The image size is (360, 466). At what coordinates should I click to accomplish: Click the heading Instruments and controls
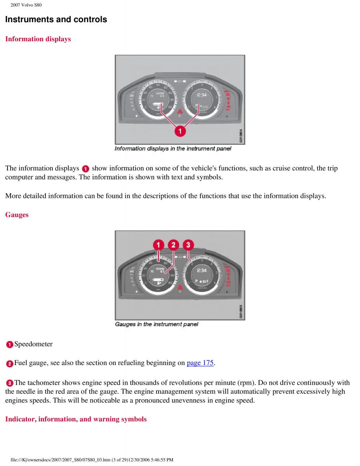[56, 19]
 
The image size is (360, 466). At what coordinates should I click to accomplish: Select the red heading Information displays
[38, 39]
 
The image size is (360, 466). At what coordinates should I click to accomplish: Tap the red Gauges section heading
[17, 215]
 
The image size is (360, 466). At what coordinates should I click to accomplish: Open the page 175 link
[200, 363]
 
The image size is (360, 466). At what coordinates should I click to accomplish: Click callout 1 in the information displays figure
[180, 132]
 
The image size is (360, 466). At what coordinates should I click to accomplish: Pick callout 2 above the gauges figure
[173, 245]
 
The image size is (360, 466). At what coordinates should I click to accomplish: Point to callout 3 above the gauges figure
[188, 245]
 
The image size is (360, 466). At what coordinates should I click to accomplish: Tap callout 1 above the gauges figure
[158, 245]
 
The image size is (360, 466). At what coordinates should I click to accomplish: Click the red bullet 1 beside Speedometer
[9, 344]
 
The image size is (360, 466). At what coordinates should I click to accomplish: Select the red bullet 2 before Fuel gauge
[9, 364]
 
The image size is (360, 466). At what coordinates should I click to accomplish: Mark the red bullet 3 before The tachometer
[9, 383]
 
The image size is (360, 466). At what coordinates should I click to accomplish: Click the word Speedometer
[33, 344]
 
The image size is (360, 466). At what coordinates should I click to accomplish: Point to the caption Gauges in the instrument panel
[157, 324]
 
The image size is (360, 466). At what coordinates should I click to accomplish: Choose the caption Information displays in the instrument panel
[173, 149]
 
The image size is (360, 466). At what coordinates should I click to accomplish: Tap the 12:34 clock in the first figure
[202, 95]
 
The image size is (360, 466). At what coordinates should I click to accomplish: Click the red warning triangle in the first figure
[180, 111]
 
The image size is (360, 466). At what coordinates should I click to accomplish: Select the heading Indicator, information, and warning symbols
[76, 419]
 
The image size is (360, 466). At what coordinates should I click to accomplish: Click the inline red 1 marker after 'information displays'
[85, 169]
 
